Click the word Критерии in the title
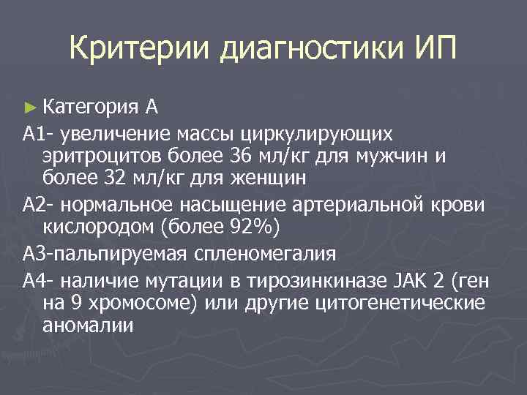(141, 50)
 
